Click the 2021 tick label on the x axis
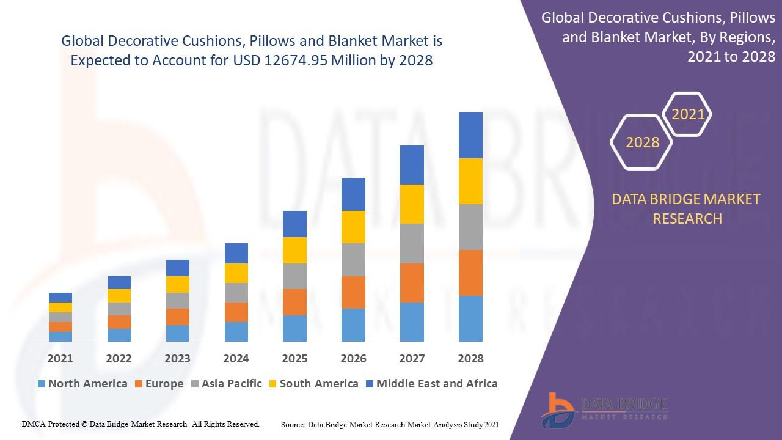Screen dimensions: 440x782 60,358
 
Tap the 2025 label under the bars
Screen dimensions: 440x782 294,358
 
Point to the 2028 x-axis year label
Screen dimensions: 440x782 470,358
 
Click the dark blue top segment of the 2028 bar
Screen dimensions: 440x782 470,135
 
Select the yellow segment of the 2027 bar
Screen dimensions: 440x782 412,204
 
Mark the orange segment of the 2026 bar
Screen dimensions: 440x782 353,292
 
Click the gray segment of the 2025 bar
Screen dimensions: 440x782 294,276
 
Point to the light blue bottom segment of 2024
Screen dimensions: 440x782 236,331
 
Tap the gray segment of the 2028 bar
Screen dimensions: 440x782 470,227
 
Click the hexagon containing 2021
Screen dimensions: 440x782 688,114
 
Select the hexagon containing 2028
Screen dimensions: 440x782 642,142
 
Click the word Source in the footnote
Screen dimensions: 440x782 293,424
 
